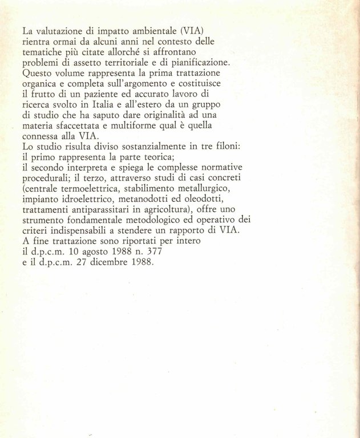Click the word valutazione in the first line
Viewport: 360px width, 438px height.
pyautogui.click(x=59, y=32)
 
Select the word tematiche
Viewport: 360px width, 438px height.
pyautogui.click(x=42, y=53)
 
